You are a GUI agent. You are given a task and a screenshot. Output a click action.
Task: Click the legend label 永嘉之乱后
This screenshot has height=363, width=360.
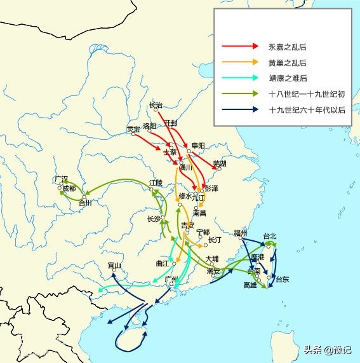pos(288,47)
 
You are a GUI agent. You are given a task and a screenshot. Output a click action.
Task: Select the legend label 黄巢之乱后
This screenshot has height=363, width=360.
pos(288,62)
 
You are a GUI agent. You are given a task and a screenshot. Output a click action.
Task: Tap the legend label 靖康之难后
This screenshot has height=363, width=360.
pos(288,78)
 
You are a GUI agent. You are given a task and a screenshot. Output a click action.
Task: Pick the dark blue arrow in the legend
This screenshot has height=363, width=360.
pos(239,109)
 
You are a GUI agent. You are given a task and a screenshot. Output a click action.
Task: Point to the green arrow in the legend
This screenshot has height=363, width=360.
pos(239,94)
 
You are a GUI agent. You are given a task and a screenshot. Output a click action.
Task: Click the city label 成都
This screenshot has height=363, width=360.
pos(69,188)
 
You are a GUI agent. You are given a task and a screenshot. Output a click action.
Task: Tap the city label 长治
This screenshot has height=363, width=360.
pos(156,105)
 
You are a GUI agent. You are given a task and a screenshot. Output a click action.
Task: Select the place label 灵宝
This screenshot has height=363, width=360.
pos(133,129)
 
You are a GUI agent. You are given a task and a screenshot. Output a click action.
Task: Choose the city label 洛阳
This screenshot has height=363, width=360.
pos(150,126)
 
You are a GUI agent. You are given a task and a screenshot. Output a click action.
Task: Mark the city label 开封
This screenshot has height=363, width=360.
pos(170,122)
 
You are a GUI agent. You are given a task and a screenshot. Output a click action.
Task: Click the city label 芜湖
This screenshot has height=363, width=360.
pos(220,163)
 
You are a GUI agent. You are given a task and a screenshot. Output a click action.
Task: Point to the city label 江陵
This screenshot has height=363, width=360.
pos(156,182)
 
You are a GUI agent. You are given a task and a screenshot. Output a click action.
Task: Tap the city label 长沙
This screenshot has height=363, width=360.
pos(154,219)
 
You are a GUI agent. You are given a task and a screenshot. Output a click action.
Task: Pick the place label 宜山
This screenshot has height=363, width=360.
pos(114,265)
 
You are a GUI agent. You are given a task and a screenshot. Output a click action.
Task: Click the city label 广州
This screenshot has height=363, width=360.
pos(170,279)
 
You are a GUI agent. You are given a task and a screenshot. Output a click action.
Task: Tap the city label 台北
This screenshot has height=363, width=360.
pos(269,236)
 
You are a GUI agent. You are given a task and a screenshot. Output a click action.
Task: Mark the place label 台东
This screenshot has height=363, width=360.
pos(282,279)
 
